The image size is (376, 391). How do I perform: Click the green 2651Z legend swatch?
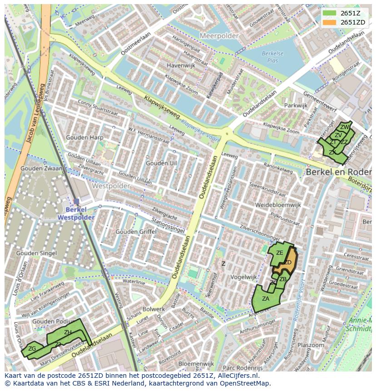pyautogui.click(x=329, y=14)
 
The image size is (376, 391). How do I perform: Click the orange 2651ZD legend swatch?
pyautogui.click(x=329, y=22)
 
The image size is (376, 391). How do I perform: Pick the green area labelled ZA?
pyautogui.click(x=265, y=299)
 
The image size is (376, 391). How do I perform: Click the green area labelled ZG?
pyautogui.click(x=32, y=349)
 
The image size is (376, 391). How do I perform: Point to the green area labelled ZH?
pyautogui.click(x=67, y=333)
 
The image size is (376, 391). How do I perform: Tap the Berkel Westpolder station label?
pyautogui.click(x=76, y=213)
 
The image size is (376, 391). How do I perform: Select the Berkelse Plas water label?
pyautogui.click(x=272, y=57)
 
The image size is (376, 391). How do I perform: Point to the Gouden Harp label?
pyautogui.click(x=84, y=138)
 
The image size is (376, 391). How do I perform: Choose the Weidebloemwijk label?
pyautogui.click(x=278, y=205)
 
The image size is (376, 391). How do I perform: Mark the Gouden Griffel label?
pyautogui.click(x=136, y=232)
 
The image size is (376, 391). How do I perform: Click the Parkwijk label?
pyautogui.click(x=296, y=105)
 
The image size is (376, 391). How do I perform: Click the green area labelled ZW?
pyautogui.click(x=345, y=127)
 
